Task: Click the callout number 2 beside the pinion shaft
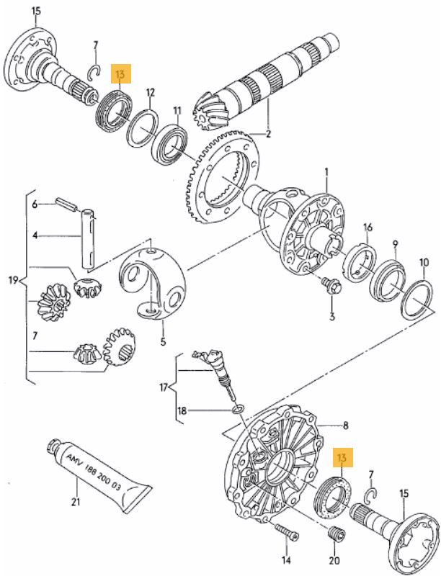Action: point(269,134)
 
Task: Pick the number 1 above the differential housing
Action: point(326,171)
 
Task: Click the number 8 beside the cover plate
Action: point(345,425)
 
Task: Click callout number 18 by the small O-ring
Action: point(182,411)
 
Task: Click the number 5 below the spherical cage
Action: point(164,342)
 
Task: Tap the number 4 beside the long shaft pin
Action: point(33,235)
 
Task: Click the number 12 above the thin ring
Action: point(151,93)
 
